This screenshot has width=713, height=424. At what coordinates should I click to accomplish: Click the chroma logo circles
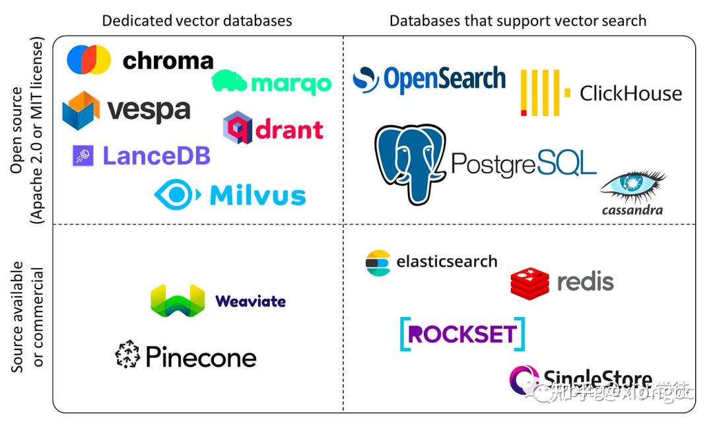click(x=88, y=59)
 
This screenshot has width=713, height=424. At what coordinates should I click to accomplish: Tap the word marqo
click(x=291, y=84)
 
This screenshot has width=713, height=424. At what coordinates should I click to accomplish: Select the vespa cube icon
click(x=81, y=110)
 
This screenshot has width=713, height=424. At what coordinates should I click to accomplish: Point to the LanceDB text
click(x=156, y=156)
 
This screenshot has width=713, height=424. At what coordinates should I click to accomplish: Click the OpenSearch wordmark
click(x=444, y=79)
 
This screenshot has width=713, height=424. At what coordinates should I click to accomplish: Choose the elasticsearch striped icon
click(x=378, y=262)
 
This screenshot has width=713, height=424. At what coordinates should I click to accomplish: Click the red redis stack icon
click(x=529, y=282)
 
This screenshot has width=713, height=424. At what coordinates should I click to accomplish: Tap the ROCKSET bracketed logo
click(x=463, y=334)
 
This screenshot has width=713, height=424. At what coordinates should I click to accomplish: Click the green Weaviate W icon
click(x=178, y=300)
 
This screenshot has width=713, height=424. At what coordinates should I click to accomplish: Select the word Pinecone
click(x=201, y=357)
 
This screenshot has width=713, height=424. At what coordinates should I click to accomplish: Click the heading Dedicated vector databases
click(x=197, y=20)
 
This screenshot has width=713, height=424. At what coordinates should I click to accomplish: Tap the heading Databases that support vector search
click(x=518, y=20)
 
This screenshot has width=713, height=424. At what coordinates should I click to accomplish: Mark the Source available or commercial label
click(x=28, y=318)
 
